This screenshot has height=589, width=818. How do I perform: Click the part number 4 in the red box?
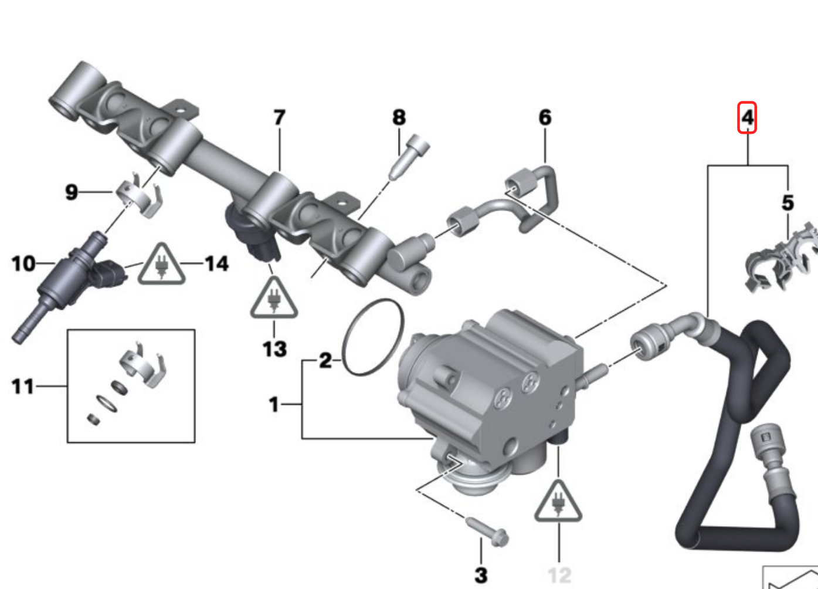click(x=746, y=117)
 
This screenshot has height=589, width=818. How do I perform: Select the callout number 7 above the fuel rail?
click(x=279, y=117)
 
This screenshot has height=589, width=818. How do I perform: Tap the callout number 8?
click(x=399, y=117)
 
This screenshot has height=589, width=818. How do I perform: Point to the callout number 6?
click(x=545, y=117)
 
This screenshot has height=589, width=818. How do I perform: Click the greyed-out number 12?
click(x=559, y=575)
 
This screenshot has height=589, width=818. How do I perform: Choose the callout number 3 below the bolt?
click(x=481, y=575)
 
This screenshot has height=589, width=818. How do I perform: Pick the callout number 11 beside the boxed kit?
click(x=23, y=386)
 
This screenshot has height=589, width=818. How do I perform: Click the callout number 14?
click(x=216, y=263)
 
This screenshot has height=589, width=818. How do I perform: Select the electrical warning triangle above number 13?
click(x=274, y=299)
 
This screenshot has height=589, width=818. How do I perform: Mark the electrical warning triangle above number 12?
click(x=558, y=503)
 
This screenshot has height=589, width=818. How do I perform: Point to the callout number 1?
click(x=274, y=404)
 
